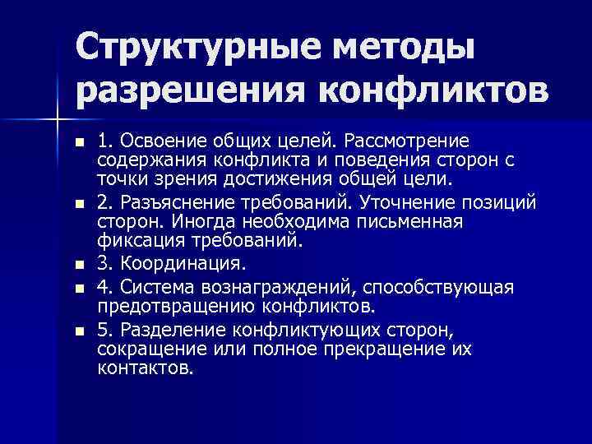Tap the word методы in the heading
coord(397,44)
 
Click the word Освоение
coord(155,140)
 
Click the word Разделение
coord(169,329)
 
